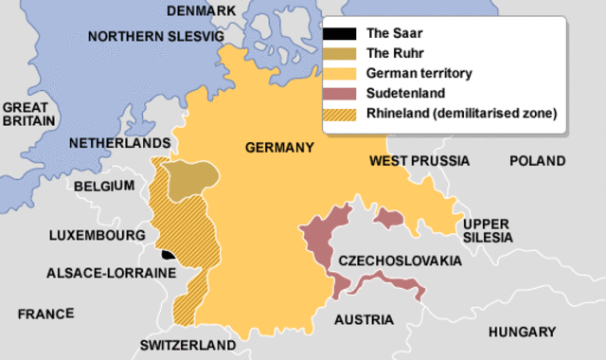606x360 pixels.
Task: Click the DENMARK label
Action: (200, 11)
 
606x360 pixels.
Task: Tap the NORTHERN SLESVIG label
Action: (155, 36)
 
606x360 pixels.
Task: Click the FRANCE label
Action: (45, 313)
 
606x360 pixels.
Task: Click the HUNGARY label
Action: (522, 332)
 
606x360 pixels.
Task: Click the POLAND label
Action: (538, 161)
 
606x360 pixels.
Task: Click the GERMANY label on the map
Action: (278, 148)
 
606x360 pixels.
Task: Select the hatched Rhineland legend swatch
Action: (333, 115)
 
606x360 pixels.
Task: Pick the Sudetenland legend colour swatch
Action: (333, 94)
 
